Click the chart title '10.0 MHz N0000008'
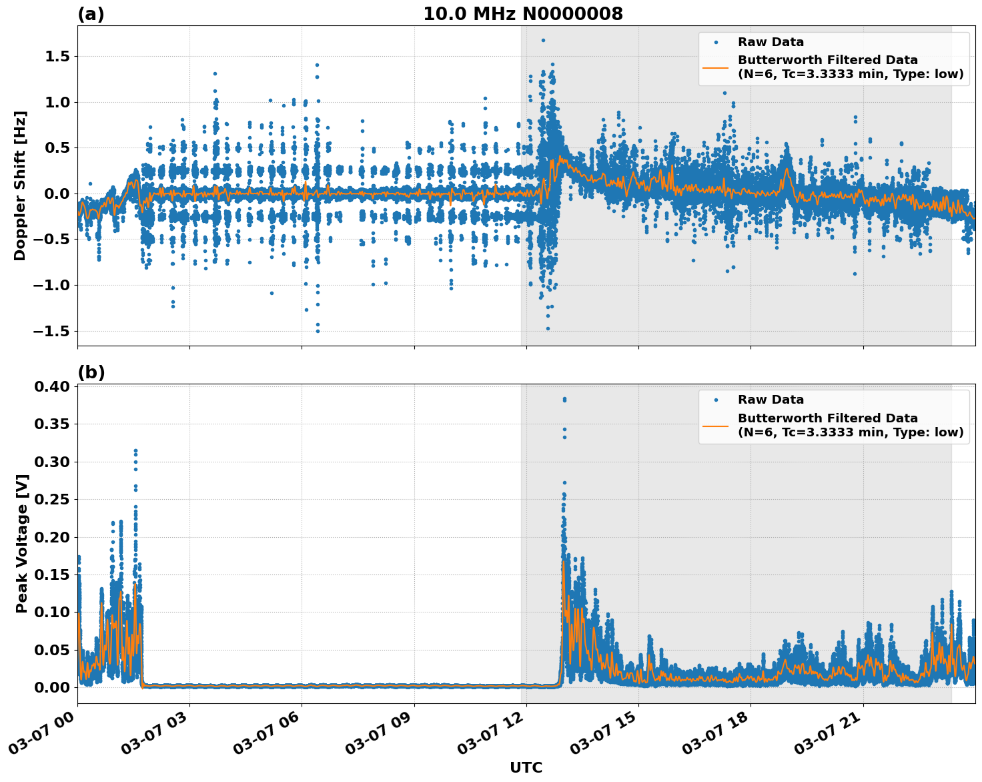point(523,14)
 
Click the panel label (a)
point(91,14)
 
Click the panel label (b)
point(91,372)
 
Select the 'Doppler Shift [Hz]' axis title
point(20,185)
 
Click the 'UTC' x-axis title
point(526,767)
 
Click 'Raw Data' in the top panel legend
point(771,42)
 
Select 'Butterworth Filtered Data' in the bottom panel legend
point(827,418)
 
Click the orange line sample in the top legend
point(716,67)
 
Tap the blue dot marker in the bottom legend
point(716,400)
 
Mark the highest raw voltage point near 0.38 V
point(564,399)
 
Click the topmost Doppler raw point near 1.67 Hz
point(543,40)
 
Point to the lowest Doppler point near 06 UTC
point(318,331)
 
